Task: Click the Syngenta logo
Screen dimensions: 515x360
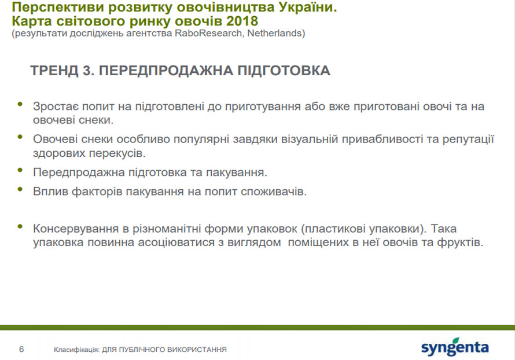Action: click(455, 347)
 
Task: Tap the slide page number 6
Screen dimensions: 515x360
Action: click(21, 349)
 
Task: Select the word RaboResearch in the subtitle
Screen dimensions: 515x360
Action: click(208, 33)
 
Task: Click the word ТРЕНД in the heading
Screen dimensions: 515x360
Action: click(54, 71)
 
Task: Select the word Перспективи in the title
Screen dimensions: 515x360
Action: click(58, 7)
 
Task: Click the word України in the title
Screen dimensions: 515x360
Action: click(308, 6)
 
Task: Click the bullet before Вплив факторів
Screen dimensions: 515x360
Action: click(20, 189)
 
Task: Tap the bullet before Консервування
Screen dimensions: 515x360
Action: click(20, 226)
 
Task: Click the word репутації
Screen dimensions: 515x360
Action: click(468, 139)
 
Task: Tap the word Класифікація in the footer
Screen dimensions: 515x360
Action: click(76, 350)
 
